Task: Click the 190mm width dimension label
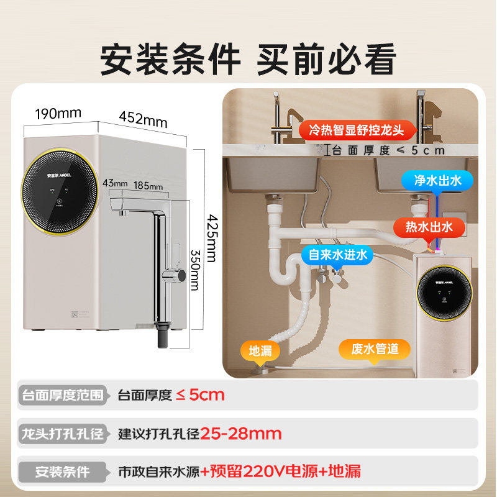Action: click(x=58, y=114)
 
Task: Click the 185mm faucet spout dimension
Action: click(x=148, y=186)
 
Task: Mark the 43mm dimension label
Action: click(x=115, y=183)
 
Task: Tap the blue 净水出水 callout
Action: click(x=439, y=181)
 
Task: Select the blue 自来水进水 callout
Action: click(x=335, y=254)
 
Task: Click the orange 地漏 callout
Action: click(x=260, y=350)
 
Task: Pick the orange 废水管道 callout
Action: click(x=375, y=349)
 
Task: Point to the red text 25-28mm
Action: click(x=242, y=433)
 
